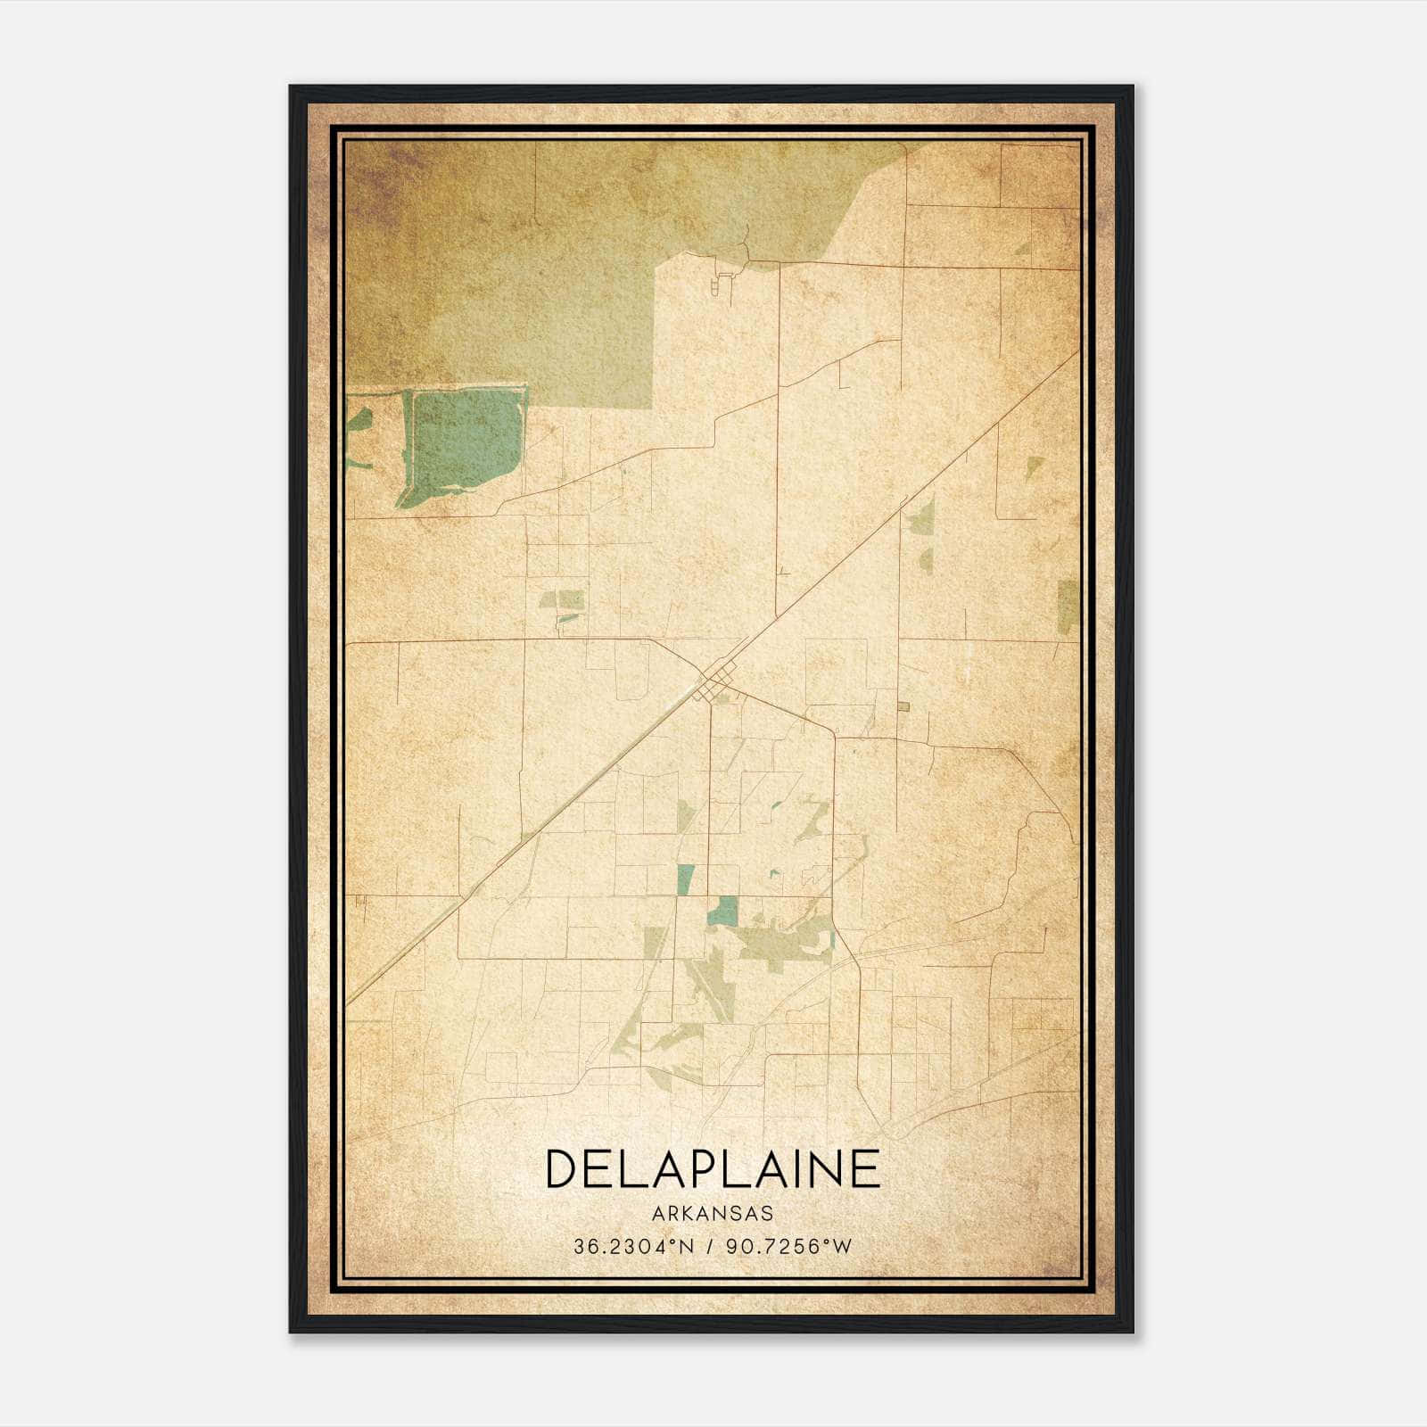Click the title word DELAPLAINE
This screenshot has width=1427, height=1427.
coord(712,1169)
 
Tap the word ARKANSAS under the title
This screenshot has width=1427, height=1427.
coord(712,1213)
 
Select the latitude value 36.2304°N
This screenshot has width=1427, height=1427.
coord(633,1246)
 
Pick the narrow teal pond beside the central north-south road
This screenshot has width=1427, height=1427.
coord(685,878)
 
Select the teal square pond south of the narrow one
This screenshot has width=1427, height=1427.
coord(723,911)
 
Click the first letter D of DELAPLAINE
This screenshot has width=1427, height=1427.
coord(562,1169)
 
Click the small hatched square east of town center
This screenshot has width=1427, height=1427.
coord(903,707)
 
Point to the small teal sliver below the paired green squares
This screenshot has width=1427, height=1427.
coord(568,617)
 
